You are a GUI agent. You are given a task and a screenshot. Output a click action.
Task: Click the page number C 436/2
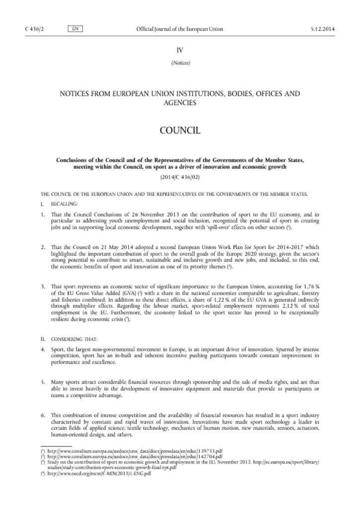33,29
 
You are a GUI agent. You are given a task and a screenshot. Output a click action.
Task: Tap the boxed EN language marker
75,29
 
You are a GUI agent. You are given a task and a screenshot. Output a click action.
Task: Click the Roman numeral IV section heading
180,50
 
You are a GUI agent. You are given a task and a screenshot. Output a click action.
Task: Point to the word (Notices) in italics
180,63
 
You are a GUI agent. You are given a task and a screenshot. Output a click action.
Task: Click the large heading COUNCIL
180,131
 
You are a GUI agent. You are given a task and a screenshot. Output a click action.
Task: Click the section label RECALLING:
65,204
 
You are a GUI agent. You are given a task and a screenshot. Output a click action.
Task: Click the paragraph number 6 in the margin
43,415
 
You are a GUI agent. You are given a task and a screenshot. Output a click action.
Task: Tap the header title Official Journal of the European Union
180,29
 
